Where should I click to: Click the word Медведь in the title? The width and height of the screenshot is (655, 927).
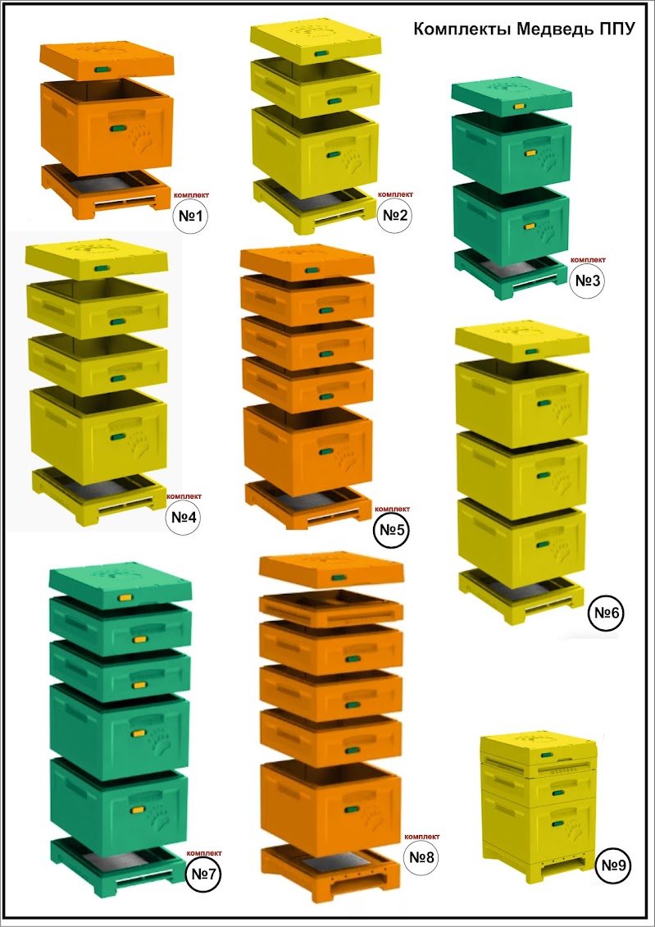[555, 30]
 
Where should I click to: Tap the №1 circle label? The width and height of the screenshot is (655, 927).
[191, 217]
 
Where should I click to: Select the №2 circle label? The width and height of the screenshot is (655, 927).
[395, 215]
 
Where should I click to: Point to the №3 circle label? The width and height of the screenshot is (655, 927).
[589, 281]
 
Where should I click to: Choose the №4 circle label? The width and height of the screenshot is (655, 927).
[184, 518]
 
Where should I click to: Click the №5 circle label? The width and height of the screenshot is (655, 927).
[392, 531]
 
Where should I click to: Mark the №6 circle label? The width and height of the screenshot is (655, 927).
[607, 613]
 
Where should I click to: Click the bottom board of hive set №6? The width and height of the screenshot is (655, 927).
[521, 596]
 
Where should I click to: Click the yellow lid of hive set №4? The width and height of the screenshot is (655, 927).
[97, 261]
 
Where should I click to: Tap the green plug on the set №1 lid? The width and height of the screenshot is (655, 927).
[102, 70]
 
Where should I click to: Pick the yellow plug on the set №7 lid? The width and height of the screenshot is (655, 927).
[125, 598]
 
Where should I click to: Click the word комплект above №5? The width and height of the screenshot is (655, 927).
[392, 509]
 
